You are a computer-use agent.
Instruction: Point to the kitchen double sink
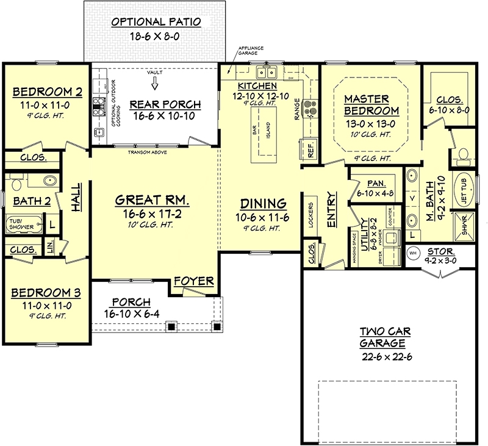[267, 73]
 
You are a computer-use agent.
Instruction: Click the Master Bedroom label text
[371, 104]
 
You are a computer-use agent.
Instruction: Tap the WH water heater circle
[412, 252]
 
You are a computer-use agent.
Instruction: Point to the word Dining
[263, 203]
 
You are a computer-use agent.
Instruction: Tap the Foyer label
[193, 281]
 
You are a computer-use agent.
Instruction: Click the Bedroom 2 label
[47, 92]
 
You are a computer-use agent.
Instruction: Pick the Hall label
[77, 198]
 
